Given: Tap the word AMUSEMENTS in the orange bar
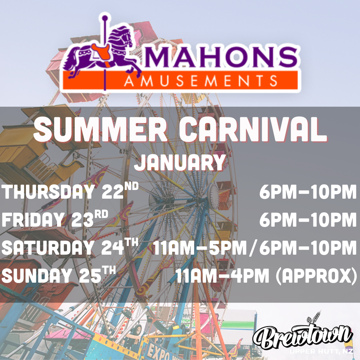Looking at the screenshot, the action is (201, 81).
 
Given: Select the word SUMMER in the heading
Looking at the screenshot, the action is (100, 129).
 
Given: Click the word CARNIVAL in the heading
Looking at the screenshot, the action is (253, 129).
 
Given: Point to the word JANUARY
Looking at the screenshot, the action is (180, 163).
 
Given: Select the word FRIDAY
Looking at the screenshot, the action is (34, 219).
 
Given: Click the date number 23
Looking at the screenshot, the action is (82, 219).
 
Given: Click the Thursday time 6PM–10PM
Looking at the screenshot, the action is (308, 191).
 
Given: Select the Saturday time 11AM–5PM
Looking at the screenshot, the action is (200, 248).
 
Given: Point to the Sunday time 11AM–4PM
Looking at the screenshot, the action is (222, 276).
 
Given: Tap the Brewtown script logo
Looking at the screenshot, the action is (303, 334).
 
